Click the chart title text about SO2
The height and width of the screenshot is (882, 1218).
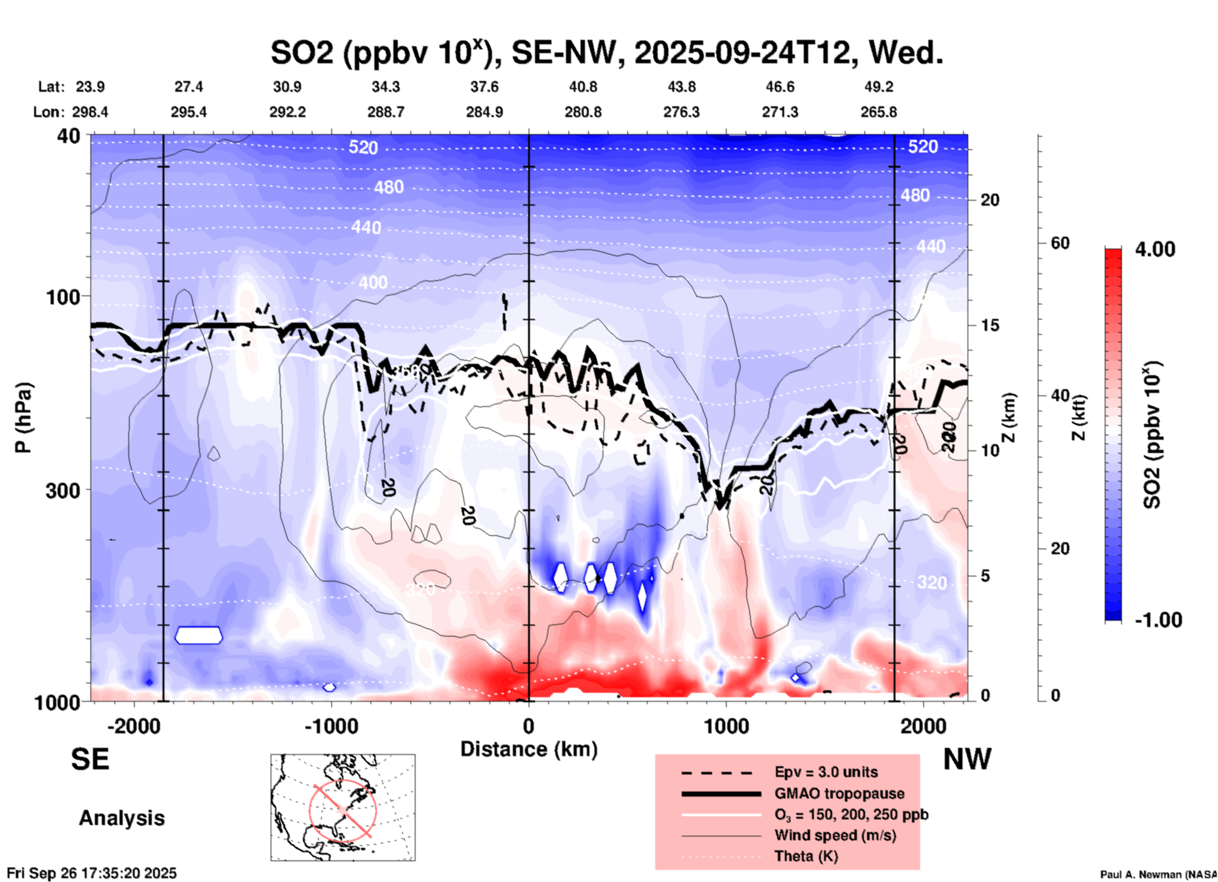coord(606,53)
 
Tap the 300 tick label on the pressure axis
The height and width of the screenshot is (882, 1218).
coord(63,490)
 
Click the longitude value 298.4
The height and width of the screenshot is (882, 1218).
coord(90,113)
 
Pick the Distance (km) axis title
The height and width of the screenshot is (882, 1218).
coord(528,749)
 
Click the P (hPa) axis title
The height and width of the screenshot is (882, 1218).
coord(23,418)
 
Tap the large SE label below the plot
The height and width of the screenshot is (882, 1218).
coord(90,759)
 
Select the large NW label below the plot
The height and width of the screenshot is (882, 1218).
coord(966,759)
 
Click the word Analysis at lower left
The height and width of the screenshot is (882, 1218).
coord(121,818)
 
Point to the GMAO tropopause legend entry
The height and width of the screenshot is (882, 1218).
coord(839,793)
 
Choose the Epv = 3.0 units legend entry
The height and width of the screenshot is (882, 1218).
coord(826,772)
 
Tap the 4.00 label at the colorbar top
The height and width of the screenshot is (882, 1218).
coord(1155,249)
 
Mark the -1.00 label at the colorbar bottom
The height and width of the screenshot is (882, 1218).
coord(1158,620)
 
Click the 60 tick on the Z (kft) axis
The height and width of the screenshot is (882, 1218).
coord(1060,244)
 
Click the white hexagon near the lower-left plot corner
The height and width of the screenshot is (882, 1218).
coord(199,635)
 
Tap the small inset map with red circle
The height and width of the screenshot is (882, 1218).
coord(343,807)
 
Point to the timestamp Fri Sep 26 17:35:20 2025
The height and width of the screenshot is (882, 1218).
coord(92,874)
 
